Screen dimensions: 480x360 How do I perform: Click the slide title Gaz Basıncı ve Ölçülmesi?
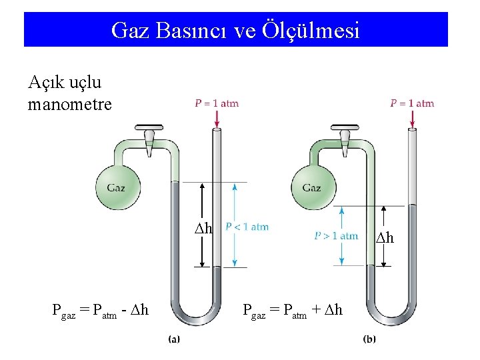pyautogui.click(x=235, y=30)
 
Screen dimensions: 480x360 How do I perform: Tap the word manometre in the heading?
pyautogui.click(x=69, y=105)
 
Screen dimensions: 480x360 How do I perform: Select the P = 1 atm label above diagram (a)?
pyautogui.click(x=217, y=103)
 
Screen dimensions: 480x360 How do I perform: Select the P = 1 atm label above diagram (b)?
pyautogui.click(x=412, y=103)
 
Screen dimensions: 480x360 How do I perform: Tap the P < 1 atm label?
pyautogui.click(x=247, y=227)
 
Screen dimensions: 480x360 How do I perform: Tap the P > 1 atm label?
pyautogui.click(x=336, y=235)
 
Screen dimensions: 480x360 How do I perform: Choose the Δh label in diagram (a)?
pyautogui.click(x=203, y=229)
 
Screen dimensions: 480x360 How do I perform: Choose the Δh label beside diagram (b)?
pyautogui.click(x=385, y=238)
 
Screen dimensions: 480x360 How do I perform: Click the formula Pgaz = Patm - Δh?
pyautogui.click(x=100, y=309)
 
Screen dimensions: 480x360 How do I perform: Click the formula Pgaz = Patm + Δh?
pyautogui.click(x=293, y=309)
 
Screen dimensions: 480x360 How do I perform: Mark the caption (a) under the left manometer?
pyautogui.click(x=173, y=339)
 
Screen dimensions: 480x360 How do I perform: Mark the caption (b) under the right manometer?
pyautogui.click(x=369, y=339)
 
